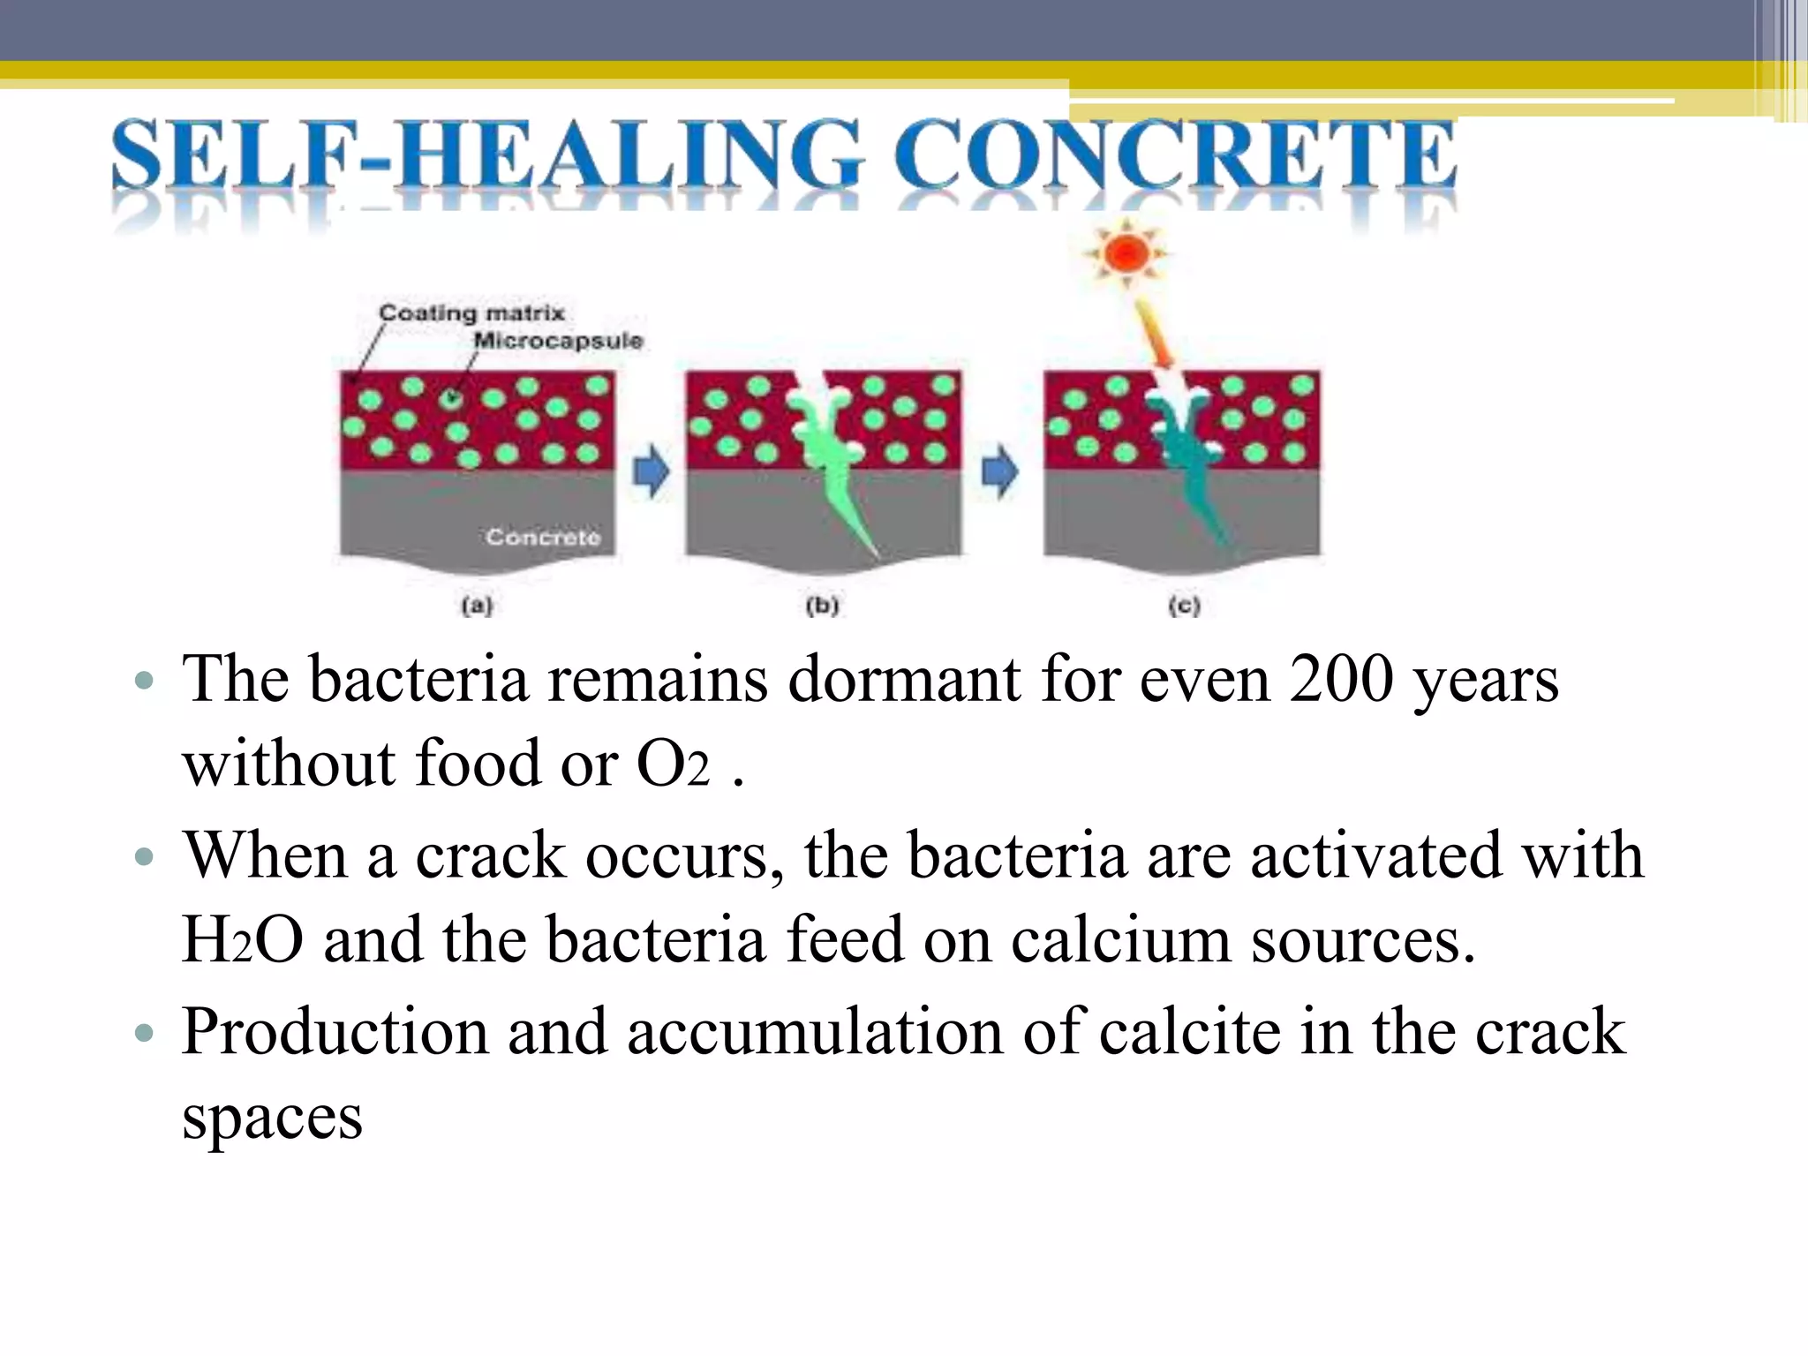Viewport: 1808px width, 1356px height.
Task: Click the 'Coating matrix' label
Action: point(471,313)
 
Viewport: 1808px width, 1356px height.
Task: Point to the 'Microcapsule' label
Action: point(558,341)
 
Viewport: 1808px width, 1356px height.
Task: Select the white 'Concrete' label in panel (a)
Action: point(543,537)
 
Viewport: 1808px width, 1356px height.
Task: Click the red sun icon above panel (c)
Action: point(1126,254)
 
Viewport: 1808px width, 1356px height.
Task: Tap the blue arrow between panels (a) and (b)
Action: point(652,471)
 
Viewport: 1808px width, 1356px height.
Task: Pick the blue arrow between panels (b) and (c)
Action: point(1000,471)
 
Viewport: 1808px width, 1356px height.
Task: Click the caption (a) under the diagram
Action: point(477,606)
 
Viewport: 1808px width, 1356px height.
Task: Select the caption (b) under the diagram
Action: point(822,606)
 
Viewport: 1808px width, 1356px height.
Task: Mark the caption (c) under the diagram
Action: point(1184,606)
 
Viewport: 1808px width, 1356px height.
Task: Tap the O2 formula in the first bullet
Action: point(673,765)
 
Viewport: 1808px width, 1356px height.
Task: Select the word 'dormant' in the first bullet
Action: point(903,680)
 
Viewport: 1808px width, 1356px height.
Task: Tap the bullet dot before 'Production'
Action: point(145,1032)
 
